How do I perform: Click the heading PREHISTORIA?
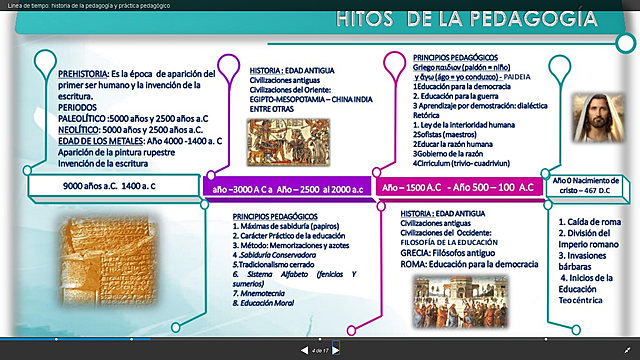pyautogui.click(x=83, y=74)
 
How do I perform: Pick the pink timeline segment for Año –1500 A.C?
pyautogui.click(x=457, y=186)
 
